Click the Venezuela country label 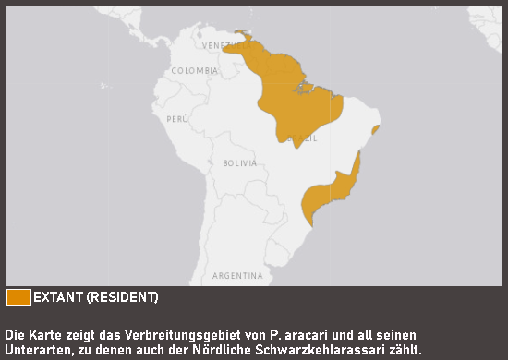point(223,44)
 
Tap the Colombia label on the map point(195,70)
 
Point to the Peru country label point(177,119)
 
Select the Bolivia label point(239,162)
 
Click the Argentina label point(237,276)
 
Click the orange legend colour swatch point(18,297)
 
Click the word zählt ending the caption point(404,350)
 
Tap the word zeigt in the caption point(82,333)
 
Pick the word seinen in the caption point(397,333)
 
